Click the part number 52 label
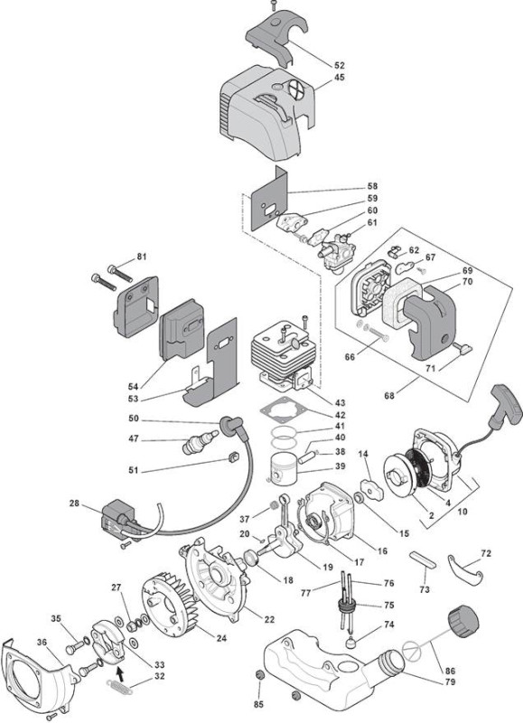pos(340,65)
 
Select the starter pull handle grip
pos(507,404)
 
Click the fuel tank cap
pos(462,623)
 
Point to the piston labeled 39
pos(284,467)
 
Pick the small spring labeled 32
pos(119,687)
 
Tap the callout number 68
pos(389,395)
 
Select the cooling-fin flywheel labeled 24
pos(170,606)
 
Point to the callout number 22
pos(269,619)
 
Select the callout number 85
pos(258,704)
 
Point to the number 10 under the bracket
pos(462,512)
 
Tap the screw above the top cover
pos(272,6)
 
